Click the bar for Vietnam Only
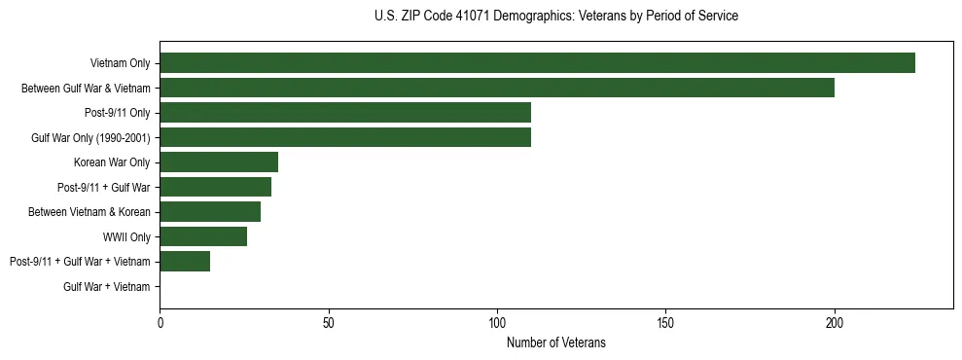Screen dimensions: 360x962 coord(537,63)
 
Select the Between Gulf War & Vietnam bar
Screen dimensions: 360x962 coord(497,88)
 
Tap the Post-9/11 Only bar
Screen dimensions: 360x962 coord(345,113)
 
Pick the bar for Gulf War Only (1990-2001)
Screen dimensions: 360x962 coord(345,137)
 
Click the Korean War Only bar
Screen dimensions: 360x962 coord(219,162)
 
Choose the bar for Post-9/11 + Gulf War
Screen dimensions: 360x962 coord(215,187)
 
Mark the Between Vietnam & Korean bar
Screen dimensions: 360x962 coord(210,212)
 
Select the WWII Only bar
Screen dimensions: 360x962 coord(203,236)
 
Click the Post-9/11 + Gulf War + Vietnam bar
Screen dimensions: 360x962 coord(185,262)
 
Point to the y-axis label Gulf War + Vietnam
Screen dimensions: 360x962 coord(107,287)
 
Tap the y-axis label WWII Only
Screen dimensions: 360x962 coord(126,236)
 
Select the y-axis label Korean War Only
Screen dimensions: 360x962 coord(112,162)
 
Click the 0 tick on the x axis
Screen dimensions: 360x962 coord(160,320)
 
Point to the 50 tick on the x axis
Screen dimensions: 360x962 coord(329,320)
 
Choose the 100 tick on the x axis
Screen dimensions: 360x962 coord(497,320)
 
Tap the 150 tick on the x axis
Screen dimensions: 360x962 coord(666,320)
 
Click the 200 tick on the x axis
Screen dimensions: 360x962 coord(835,320)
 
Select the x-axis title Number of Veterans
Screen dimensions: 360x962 coord(556,342)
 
